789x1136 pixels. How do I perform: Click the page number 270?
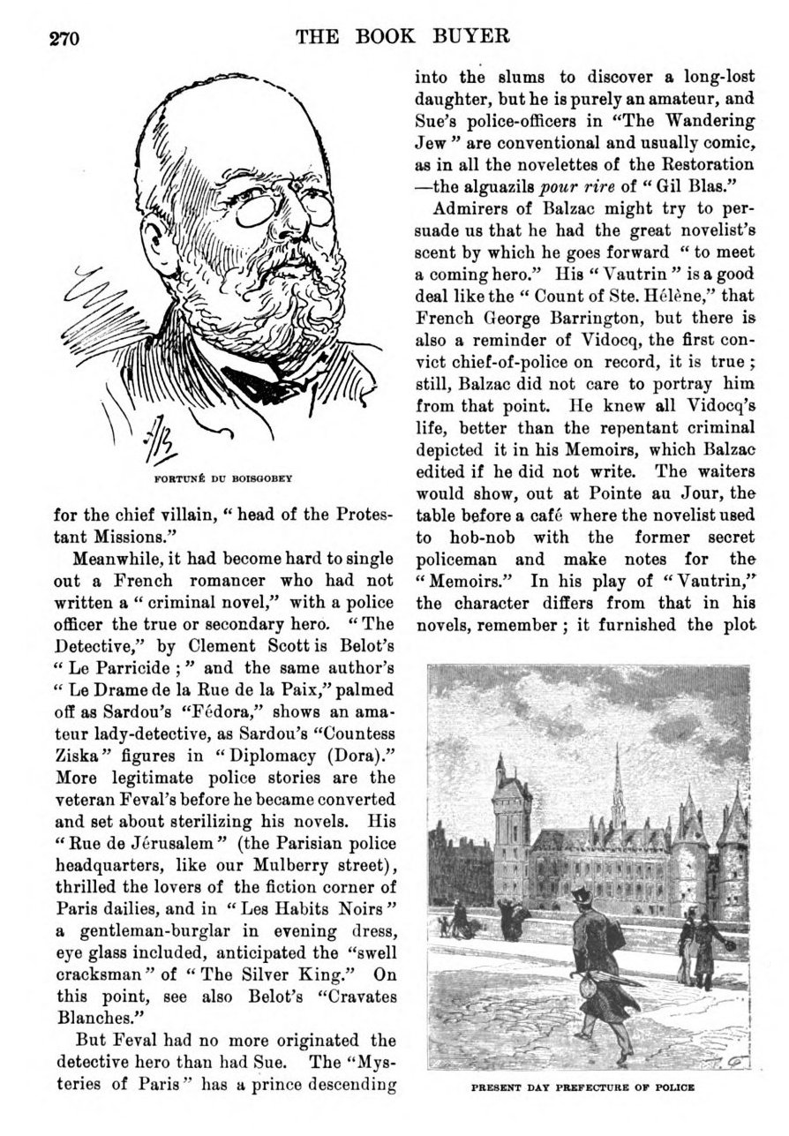[x=64, y=38]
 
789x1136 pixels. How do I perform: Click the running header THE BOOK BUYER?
[x=404, y=36]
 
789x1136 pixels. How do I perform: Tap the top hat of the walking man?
[x=582, y=897]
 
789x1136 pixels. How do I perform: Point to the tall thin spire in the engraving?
[x=618, y=786]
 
